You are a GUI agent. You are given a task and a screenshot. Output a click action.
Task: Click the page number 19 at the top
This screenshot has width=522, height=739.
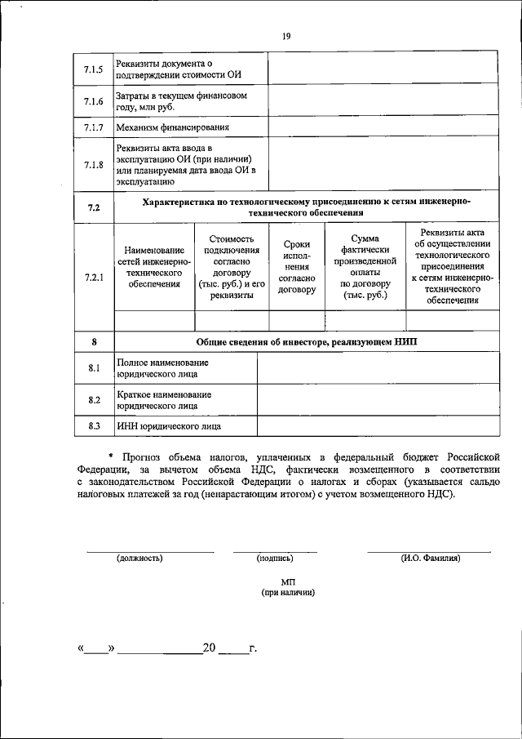click(x=286, y=36)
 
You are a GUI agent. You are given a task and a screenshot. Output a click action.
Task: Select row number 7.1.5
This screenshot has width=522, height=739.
click(x=93, y=70)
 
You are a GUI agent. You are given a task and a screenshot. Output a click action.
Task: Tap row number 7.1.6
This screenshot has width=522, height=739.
click(x=93, y=102)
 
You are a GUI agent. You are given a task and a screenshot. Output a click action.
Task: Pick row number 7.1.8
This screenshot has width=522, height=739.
click(x=93, y=164)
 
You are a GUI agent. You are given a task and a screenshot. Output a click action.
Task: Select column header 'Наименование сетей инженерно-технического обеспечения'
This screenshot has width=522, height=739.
click(x=154, y=267)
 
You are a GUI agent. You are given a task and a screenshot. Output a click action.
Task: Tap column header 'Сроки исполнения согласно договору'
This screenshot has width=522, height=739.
click(x=295, y=267)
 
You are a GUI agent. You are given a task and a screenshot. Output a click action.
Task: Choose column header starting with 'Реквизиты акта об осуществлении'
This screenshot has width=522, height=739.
click(x=451, y=266)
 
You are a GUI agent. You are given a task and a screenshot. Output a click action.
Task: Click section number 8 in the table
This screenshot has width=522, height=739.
click(x=93, y=341)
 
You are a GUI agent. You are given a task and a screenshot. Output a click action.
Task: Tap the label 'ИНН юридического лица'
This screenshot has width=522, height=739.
click(x=169, y=426)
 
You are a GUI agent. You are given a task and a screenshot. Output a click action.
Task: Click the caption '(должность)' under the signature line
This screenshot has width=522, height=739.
click(x=139, y=559)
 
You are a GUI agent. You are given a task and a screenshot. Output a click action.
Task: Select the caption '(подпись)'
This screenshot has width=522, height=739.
click(x=275, y=559)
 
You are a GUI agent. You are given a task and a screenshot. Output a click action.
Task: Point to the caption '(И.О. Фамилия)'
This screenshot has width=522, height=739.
click(x=430, y=559)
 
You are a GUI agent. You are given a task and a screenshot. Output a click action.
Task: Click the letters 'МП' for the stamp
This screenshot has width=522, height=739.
click(x=287, y=581)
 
